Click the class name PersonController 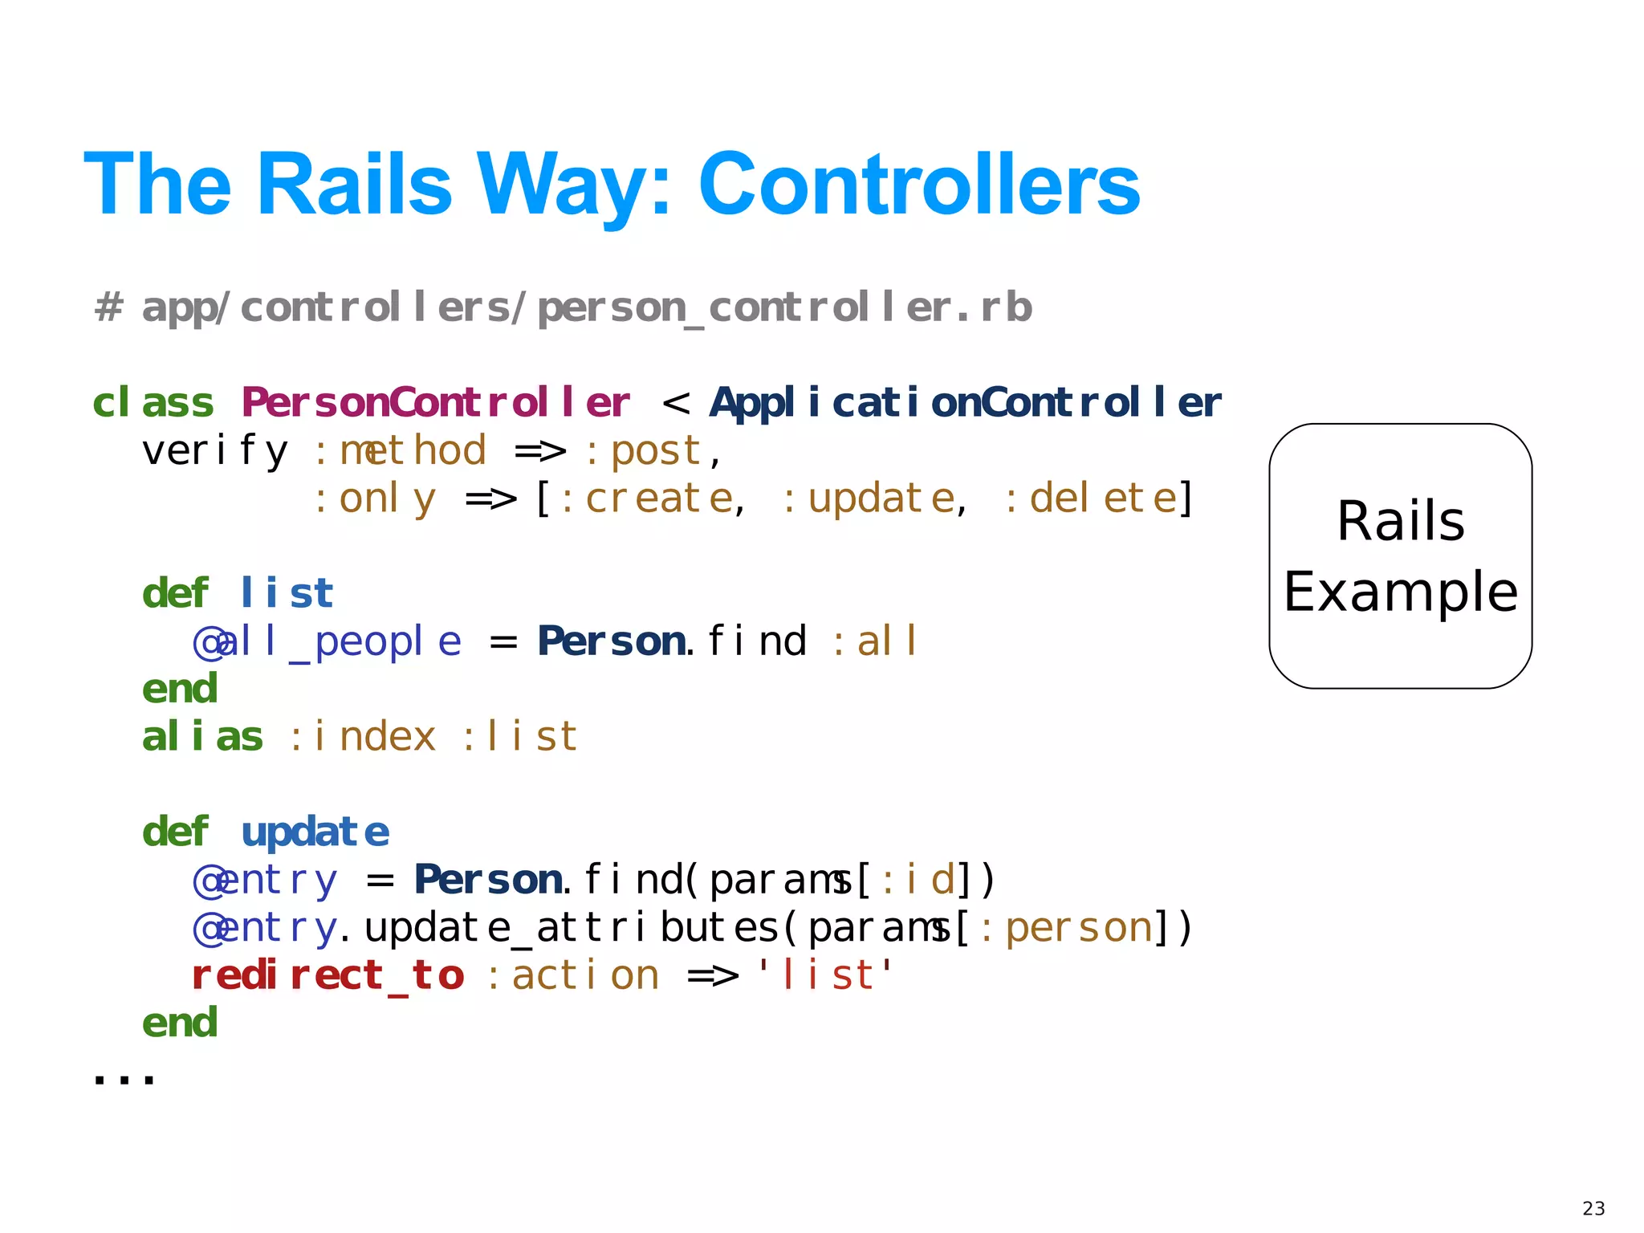pyautogui.click(x=436, y=402)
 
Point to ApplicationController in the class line pyautogui.click(x=965, y=402)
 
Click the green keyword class pyautogui.click(x=153, y=402)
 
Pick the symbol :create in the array pyautogui.click(x=646, y=498)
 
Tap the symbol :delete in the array pyautogui.click(x=1090, y=498)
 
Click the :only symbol pyautogui.click(x=375, y=498)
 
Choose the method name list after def pyautogui.click(x=287, y=593)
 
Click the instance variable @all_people pyautogui.click(x=328, y=641)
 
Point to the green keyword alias pyautogui.click(x=202, y=737)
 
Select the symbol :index pyautogui.click(x=362, y=737)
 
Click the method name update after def pyautogui.click(x=315, y=832)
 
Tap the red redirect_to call pyautogui.click(x=328, y=975)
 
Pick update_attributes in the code pyautogui.click(x=572, y=928)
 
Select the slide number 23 pyautogui.click(x=1593, y=1208)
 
